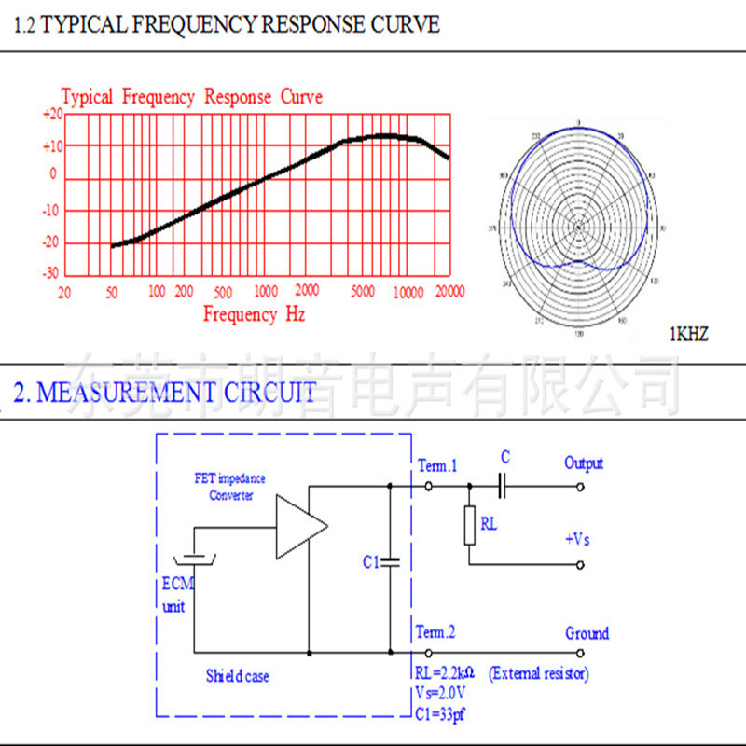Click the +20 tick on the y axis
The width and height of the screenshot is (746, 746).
[52, 115]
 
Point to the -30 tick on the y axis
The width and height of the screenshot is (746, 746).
[51, 273]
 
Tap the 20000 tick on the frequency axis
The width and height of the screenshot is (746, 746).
[450, 292]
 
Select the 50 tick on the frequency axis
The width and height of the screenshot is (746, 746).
[112, 292]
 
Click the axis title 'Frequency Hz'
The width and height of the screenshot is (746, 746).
[254, 314]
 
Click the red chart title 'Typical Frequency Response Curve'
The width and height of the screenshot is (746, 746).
[192, 97]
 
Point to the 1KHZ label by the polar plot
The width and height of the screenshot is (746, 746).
[689, 333]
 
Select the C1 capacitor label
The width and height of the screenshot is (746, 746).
[370, 562]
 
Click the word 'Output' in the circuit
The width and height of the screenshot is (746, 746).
[584, 463]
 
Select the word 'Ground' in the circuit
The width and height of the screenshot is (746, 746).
[587, 633]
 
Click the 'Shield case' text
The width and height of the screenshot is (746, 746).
[238, 675]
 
